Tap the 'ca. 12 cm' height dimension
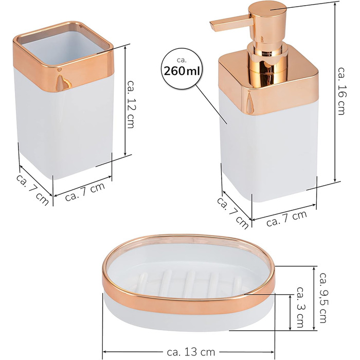tap(130, 104)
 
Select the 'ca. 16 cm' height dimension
tap(341, 91)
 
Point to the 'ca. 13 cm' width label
tap(191, 352)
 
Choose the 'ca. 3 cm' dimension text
tap(300, 307)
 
